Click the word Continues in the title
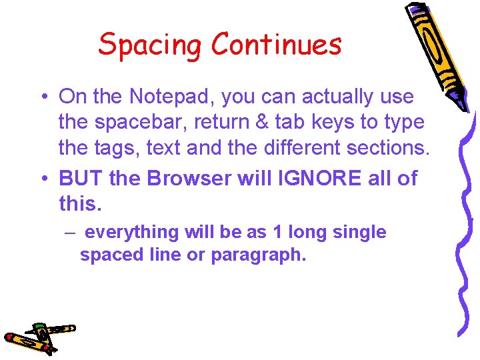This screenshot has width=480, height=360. click(276, 44)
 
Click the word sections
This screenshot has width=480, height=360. click(391, 147)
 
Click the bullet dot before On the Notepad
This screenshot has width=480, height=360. click(43, 97)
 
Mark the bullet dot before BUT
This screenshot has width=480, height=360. click(43, 179)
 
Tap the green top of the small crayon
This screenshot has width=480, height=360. click(40, 326)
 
